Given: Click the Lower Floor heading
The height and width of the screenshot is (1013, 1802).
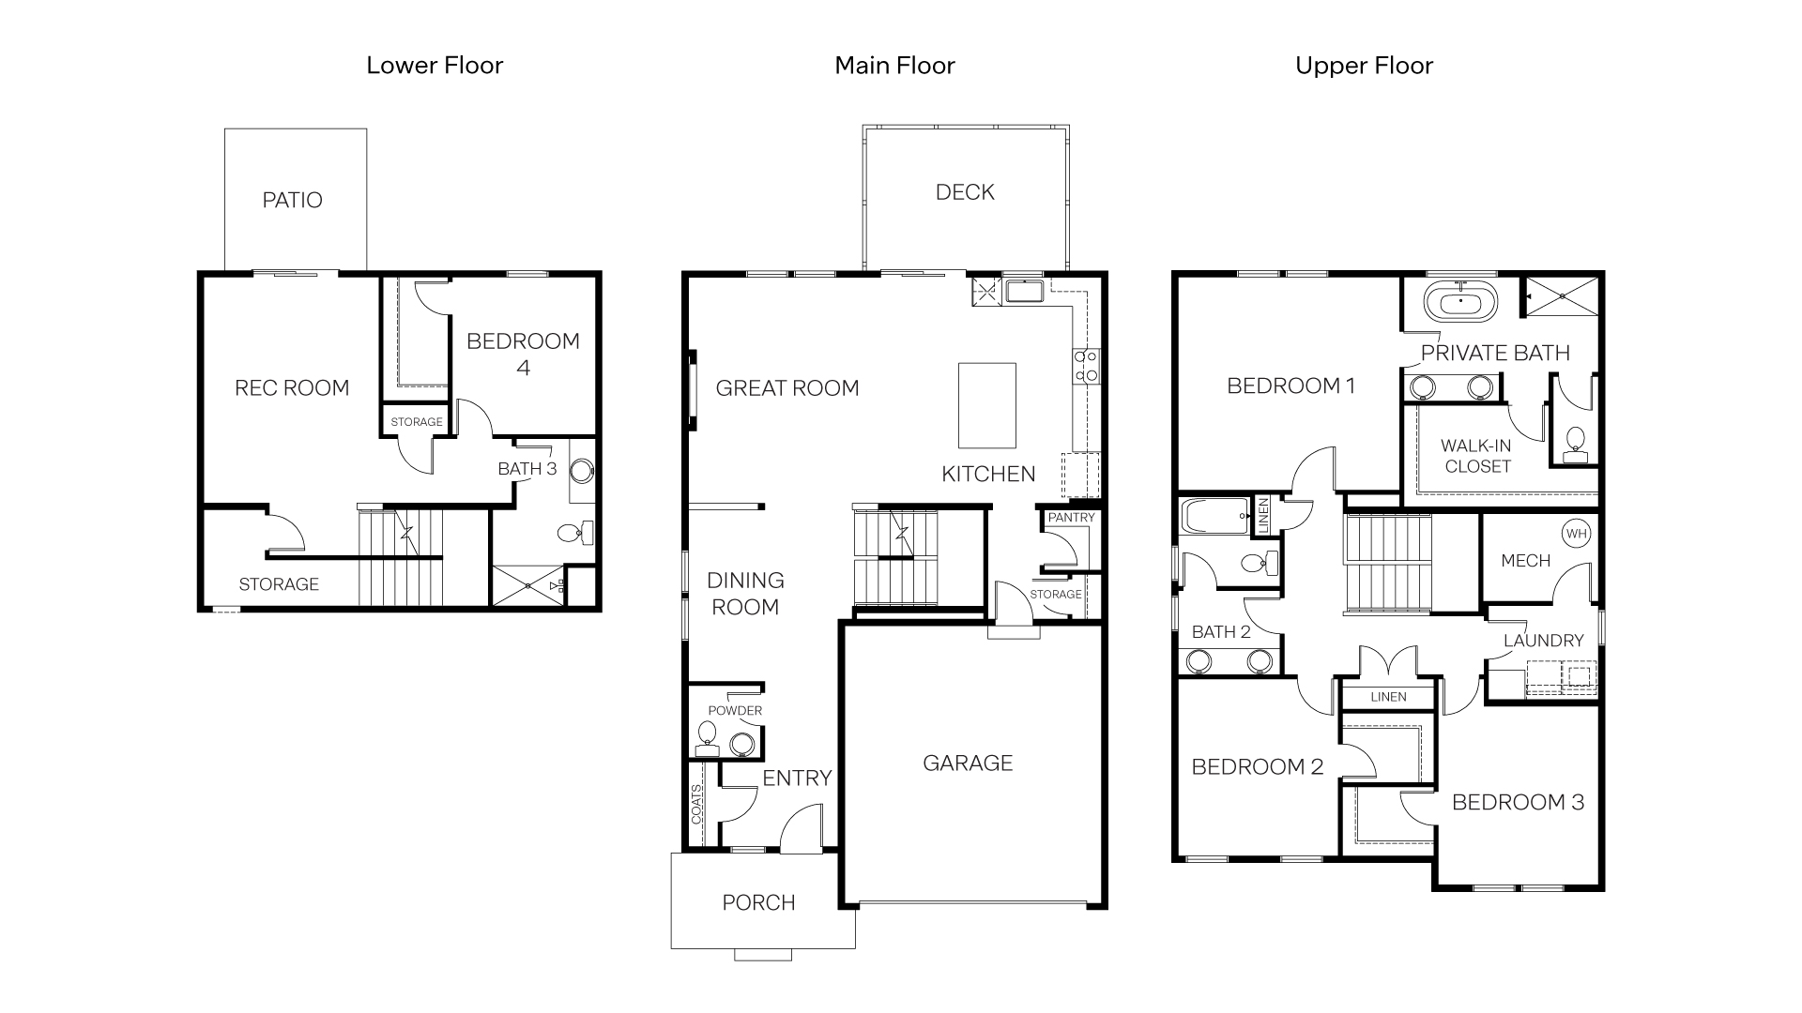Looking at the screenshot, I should point(435,66).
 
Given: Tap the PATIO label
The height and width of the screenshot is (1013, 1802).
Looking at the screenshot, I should point(292,200).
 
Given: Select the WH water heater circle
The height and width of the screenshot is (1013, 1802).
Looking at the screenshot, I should point(1576,534).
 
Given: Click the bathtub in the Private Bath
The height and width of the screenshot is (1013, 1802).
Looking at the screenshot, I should point(1460,303).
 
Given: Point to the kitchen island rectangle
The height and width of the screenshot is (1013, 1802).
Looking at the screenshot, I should point(986,405).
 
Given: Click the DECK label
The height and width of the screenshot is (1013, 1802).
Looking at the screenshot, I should point(965,192).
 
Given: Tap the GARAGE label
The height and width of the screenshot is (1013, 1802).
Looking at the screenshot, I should point(968,763).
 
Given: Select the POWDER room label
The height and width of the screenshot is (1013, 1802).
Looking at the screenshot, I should point(735,710).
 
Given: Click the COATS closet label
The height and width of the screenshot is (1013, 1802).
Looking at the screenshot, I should point(696,804).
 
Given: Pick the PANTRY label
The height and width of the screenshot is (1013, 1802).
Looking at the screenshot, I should point(1071,518).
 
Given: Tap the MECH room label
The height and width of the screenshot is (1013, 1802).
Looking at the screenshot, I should point(1525,561).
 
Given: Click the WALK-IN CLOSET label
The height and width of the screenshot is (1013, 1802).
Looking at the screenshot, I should point(1476,456).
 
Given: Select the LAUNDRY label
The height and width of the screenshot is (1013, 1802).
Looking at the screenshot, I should point(1543,641).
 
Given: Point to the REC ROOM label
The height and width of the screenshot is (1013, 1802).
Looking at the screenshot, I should point(292,387).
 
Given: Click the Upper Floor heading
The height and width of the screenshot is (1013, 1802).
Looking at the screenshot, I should point(1364,66).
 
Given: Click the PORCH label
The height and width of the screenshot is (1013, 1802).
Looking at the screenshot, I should point(758,902).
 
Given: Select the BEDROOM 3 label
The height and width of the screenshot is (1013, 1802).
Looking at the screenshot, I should point(1518,802).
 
